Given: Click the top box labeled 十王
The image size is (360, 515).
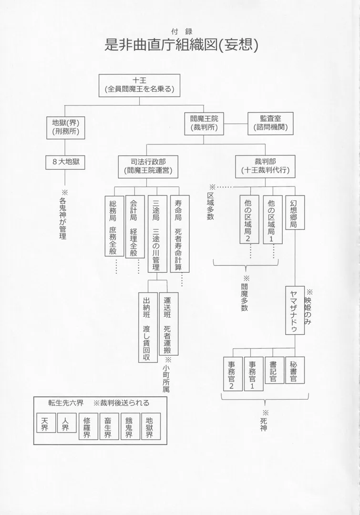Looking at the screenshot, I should click(x=140, y=84).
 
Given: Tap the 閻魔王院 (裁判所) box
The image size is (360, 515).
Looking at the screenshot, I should click(x=204, y=123).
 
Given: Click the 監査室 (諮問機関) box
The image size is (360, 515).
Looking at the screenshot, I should click(x=270, y=123).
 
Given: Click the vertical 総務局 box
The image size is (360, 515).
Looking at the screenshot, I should click(x=113, y=227).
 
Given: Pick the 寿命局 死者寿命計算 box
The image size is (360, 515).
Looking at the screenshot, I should click(x=179, y=234).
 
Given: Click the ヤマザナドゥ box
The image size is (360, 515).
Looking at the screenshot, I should click(x=295, y=310).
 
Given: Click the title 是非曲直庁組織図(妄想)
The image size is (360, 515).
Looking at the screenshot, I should click(x=181, y=45).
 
